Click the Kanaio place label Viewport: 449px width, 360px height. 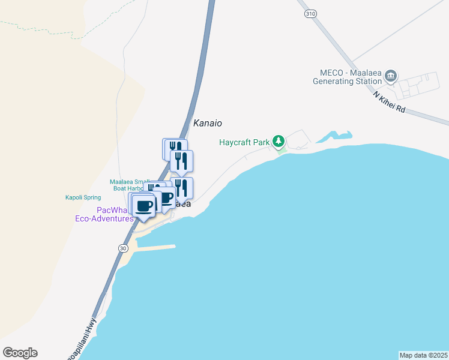pos(208,123)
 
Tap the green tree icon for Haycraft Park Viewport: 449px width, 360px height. pos(278,142)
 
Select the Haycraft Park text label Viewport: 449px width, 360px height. pos(244,142)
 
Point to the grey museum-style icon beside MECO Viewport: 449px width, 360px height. pos(391,76)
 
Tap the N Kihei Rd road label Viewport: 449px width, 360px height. pos(390,103)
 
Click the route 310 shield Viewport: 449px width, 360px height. pos(310,14)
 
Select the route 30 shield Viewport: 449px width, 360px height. pos(124,248)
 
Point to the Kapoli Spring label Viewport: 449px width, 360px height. pos(83,197)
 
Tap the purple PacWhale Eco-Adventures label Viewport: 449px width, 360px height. pos(115,214)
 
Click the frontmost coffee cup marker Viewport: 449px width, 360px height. pos(144,206)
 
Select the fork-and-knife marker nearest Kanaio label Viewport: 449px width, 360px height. pos(181,161)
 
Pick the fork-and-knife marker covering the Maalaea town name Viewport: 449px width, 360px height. pos(181,188)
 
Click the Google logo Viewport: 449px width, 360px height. pos(20,353)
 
